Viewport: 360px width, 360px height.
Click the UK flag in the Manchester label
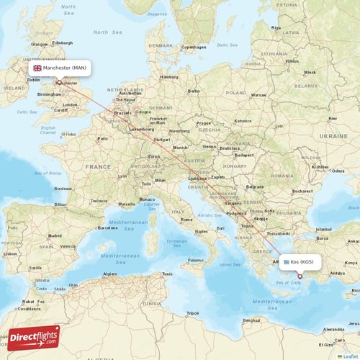click(37, 68)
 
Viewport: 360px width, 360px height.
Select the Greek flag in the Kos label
click(286, 262)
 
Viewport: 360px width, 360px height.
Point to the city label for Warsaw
click(258, 95)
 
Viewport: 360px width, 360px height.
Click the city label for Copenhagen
click(194, 48)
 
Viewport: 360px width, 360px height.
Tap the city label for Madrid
click(53, 235)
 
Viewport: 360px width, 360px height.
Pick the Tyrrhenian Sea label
click(177, 244)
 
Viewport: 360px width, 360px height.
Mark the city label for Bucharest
click(302, 191)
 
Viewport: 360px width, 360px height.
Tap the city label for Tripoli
click(192, 313)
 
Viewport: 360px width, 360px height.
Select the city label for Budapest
click(245, 155)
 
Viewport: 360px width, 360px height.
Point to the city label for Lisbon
click(9, 253)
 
